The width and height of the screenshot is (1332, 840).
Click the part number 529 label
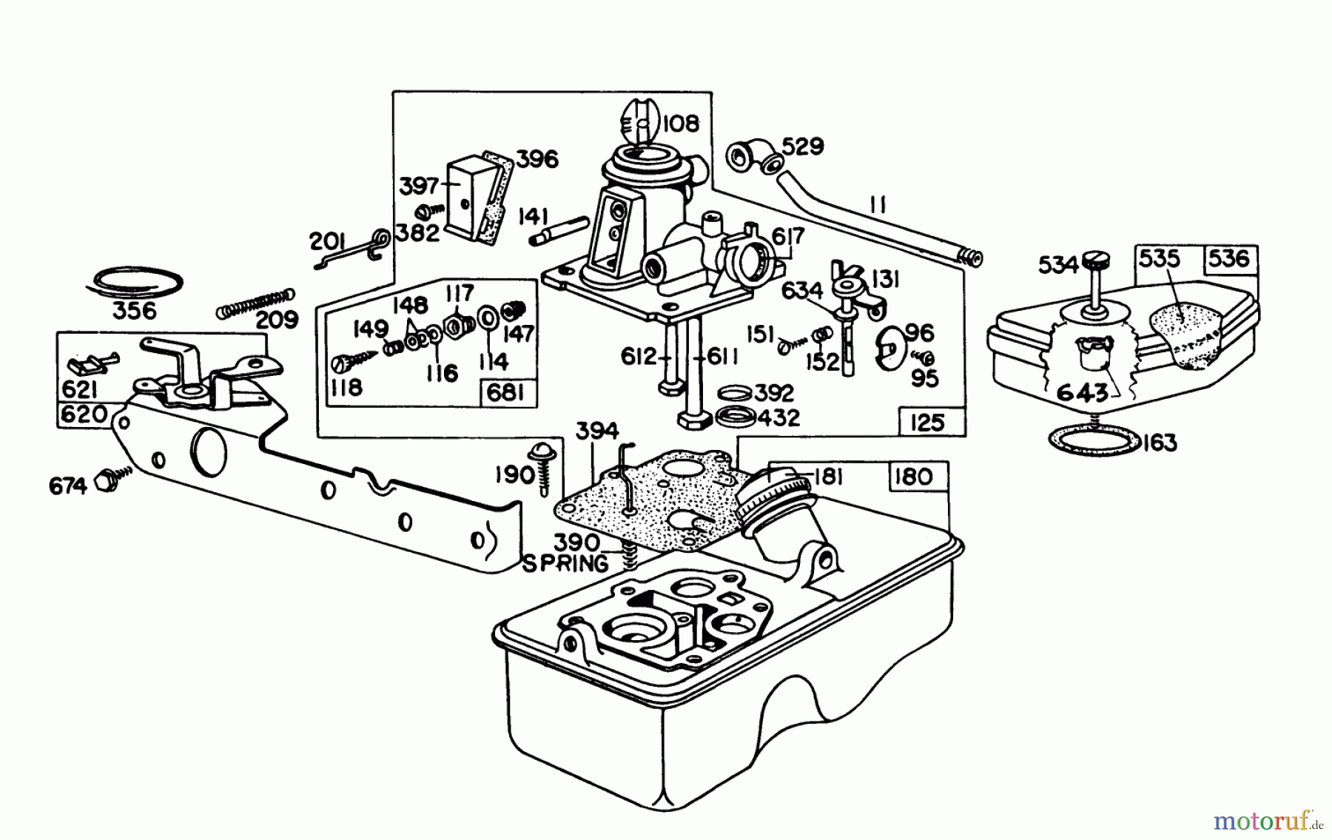[803, 147]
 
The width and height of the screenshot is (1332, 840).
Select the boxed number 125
[927, 423]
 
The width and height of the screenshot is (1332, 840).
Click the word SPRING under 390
[566, 564]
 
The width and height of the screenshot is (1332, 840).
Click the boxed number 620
[84, 414]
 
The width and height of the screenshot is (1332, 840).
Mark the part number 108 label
[680, 123]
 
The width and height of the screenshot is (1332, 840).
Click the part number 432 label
[779, 417]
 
